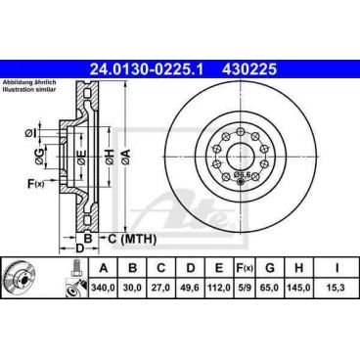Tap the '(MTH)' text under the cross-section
pos(137,238)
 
